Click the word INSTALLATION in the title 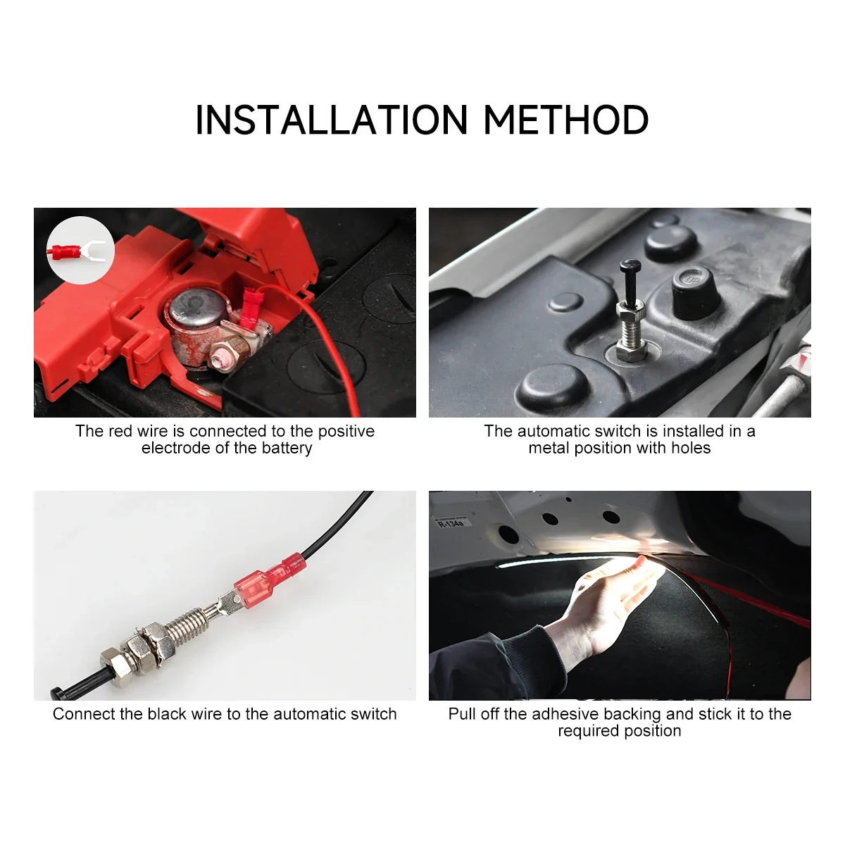pyautogui.click(x=332, y=120)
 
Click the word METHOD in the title pyautogui.click(x=565, y=120)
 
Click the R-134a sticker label pyautogui.click(x=451, y=523)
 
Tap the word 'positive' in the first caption pyautogui.click(x=346, y=431)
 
